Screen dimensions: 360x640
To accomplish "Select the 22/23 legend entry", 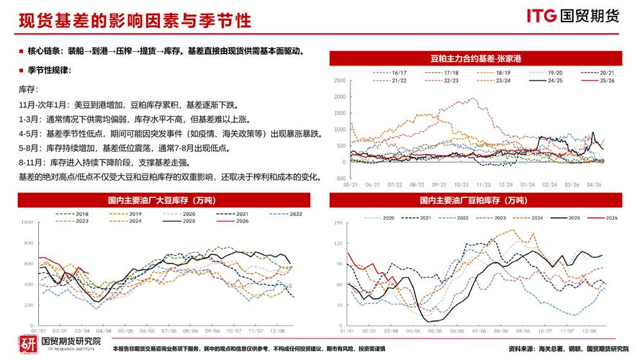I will pos(453,81).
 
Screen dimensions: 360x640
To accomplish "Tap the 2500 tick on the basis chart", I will pos(341,80).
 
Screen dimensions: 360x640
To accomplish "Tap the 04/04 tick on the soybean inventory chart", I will pos(104,330).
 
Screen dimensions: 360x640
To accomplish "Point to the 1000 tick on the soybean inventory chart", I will pos(28,223).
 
